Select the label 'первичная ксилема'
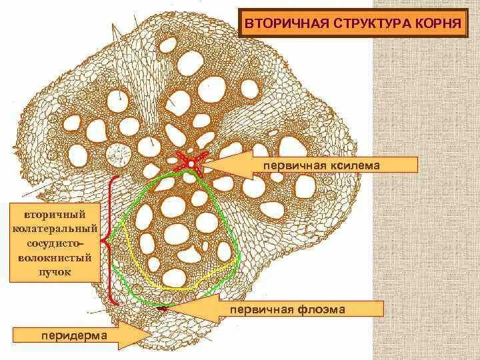pyautogui.click(x=334, y=165)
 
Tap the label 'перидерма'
pyautogui.click(x=65, y=336)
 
